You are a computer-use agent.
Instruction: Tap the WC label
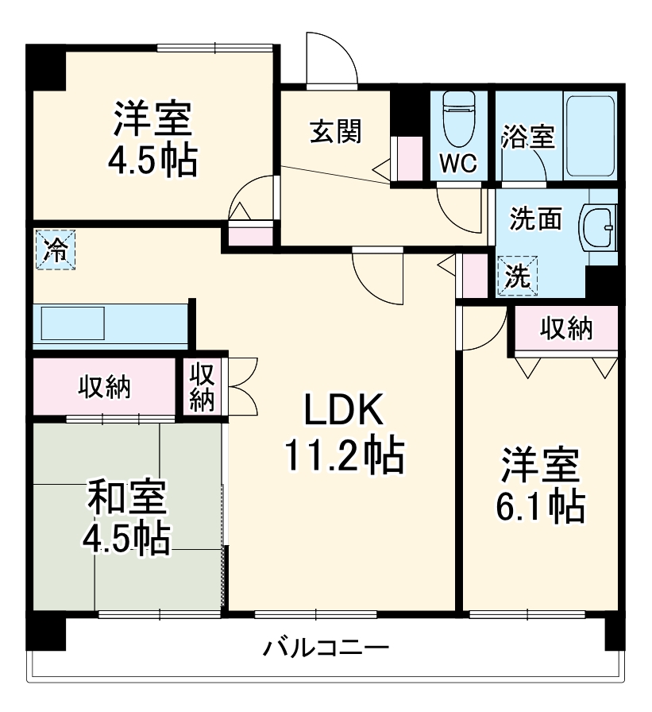pos(458,164)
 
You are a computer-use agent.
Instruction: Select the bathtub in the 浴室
pos(589,135)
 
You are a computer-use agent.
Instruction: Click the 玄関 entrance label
pos(334,132)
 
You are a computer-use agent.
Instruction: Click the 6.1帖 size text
pos(540,506)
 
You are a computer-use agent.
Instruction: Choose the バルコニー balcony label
pos(326,648)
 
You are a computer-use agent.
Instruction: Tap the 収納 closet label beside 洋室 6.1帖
pos(567,328)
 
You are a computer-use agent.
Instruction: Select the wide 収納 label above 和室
pos(103,387)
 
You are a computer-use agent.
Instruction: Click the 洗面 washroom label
pos(536,219)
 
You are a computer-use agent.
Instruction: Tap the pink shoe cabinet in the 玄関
pos(410,158)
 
